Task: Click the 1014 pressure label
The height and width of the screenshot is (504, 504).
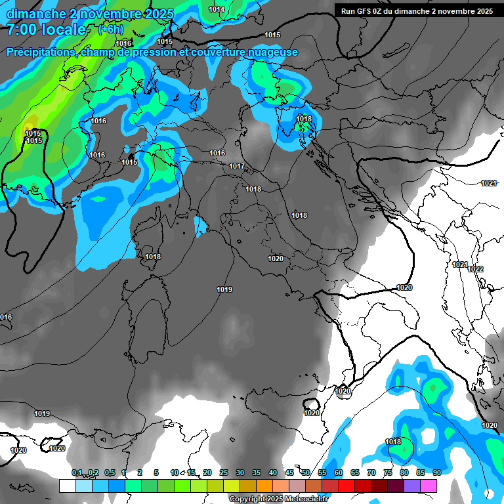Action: [217, 9]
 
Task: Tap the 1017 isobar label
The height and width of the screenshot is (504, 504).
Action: [237, 167]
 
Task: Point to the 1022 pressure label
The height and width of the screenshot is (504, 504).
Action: [476, 269]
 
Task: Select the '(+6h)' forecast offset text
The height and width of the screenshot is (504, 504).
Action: [110, 30]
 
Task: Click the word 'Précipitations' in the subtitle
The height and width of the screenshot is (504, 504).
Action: [39, 52]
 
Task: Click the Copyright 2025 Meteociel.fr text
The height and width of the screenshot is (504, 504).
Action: [278, 499]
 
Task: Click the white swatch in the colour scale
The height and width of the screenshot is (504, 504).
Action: [67, 486]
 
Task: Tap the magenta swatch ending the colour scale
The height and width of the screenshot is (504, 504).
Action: [429, 486]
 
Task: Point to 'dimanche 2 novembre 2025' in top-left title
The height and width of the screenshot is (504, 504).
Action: [91, 14]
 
